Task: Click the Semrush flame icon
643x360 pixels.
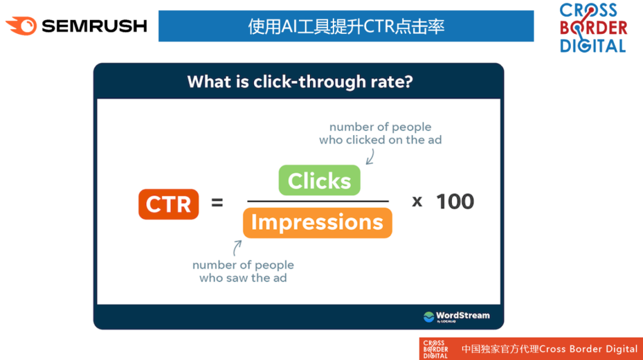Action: tap(21, 26)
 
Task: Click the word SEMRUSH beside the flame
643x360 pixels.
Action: tap(94, 26)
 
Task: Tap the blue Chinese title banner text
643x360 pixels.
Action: tap(346, 26)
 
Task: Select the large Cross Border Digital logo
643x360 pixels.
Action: tap(594, 28)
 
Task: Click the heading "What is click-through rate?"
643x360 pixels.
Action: tap(299, 82)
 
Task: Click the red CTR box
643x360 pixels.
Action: tap(168, 204)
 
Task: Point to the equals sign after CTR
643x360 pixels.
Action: tap(217, 202)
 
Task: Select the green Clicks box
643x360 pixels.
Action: tap(320, 180)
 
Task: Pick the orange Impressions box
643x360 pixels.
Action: tap(317, 223)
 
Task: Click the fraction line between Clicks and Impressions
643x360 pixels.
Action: tap(318, 201)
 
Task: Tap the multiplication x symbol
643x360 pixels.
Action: tap(417, 202)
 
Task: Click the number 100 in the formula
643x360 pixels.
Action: tap(455, 202)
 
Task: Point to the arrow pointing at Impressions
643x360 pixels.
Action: tap(236, 248)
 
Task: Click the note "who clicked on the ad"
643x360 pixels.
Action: tap(380, 140)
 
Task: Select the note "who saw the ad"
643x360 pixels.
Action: tap(243, 278)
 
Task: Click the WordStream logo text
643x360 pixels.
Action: tap(463, 316)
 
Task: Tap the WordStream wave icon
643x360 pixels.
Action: tap(429, 317)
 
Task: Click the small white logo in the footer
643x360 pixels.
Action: tap(435, 349)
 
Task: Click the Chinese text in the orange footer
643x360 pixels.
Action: tap(500, 349)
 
